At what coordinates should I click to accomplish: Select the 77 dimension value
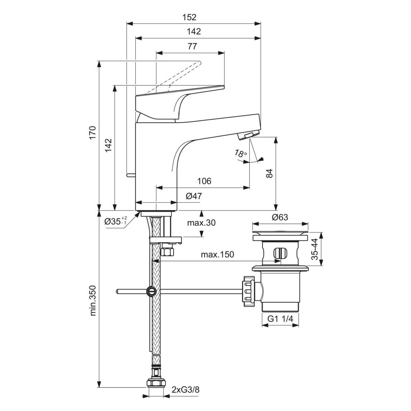pyautogui.click(x=192, y=46)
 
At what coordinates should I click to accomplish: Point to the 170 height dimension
pyautogui.click(x=93, y=133)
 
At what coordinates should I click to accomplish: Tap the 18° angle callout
pyautogui.click(x=240, y=153)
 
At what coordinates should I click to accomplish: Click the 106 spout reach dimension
pyautogui.click(x=204, y=181)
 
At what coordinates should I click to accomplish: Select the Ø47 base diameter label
pyautogui.click(x=194, y=196)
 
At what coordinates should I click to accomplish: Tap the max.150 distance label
pyautogui.click(x=217, y=255)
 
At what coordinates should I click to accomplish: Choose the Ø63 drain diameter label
pyautogui.click(x=280, y=217)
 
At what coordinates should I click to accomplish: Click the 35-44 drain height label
pyautogui.click(x=315, y=249)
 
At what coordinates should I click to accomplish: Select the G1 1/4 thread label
pyautogui.click(x=281, y=319)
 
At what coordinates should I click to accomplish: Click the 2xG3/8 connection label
pyautogui.click(x=186, y=390)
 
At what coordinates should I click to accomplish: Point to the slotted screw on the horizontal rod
pyautogui.click(x=152, y=291)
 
